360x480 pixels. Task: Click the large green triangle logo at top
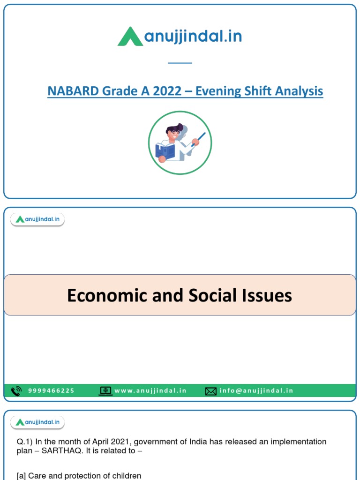coord(130,37)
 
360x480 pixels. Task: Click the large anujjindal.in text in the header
coord(193,37)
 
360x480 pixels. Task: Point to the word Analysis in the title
coord(299,91)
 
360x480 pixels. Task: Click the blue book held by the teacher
coord(165,151)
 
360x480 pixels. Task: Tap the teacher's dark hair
coord(174,128)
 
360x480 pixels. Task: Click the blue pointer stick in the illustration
coord(198,139)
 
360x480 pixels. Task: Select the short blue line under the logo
coord(180,62)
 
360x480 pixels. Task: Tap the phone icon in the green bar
coord(16,390)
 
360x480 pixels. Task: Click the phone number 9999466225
coord(51,390)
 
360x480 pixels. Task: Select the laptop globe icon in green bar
coord(105,390)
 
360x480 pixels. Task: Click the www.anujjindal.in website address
coord(150,390)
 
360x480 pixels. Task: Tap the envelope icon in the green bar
coord(211,391)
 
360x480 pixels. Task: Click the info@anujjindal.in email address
coord(256,390)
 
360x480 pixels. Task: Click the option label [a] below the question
coord(21,476)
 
